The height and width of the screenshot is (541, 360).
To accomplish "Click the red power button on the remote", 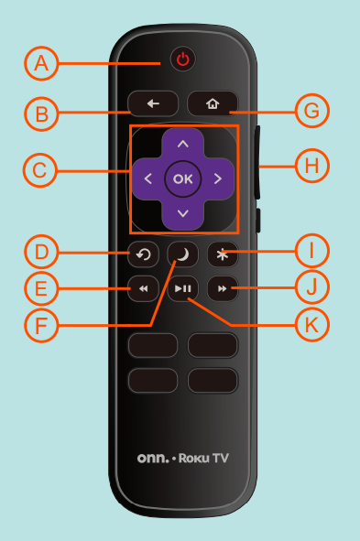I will click(x=183, y=60).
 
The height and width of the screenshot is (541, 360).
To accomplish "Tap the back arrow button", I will click(x=153, y=103).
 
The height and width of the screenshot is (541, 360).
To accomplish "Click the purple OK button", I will click(x=183, y=179).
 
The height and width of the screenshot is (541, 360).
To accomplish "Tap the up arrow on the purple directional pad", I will click(x=183, y=144).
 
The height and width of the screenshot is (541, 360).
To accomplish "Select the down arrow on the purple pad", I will click(x=183, y=213).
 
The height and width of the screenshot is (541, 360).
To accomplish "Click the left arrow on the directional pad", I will click(x=148, y=179).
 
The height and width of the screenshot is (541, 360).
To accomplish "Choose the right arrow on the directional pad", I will click(x=218, y=179).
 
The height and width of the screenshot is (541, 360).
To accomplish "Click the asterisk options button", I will click(x=221, y=254).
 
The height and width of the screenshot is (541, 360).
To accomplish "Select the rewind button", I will click(x=144, y=289).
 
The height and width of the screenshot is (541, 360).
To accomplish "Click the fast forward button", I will click(x=222, y=289).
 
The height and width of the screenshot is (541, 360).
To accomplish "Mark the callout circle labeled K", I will click(x=311, y=323).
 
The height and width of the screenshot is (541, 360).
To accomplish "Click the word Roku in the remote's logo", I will click(x=196, y=458).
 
